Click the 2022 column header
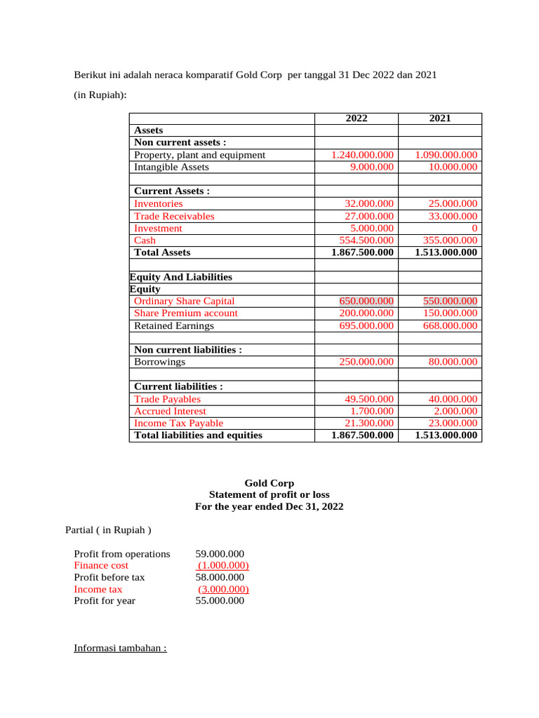click(x=357, y=119)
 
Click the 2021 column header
click(x=440, y=119)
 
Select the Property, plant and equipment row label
click(x=199, y=155)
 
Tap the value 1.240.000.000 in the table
click(x=363, y=155)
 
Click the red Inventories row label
click(x=158, y=203)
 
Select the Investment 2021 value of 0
click(x=474, y=228)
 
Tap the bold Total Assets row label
click(x=162, y=252)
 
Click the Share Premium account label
click(x=185, y=313)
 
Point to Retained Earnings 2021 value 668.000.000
click(x=444, y=325)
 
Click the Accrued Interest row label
click(x=170, y=411)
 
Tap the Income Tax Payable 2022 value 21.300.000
click(x=368, y=423)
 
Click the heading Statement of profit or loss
click(x=269, y=494)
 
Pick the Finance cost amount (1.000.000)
click(x=222, y=565)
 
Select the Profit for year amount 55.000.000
click(x=220, y=601)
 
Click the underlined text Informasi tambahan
click(x=120, y=648)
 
